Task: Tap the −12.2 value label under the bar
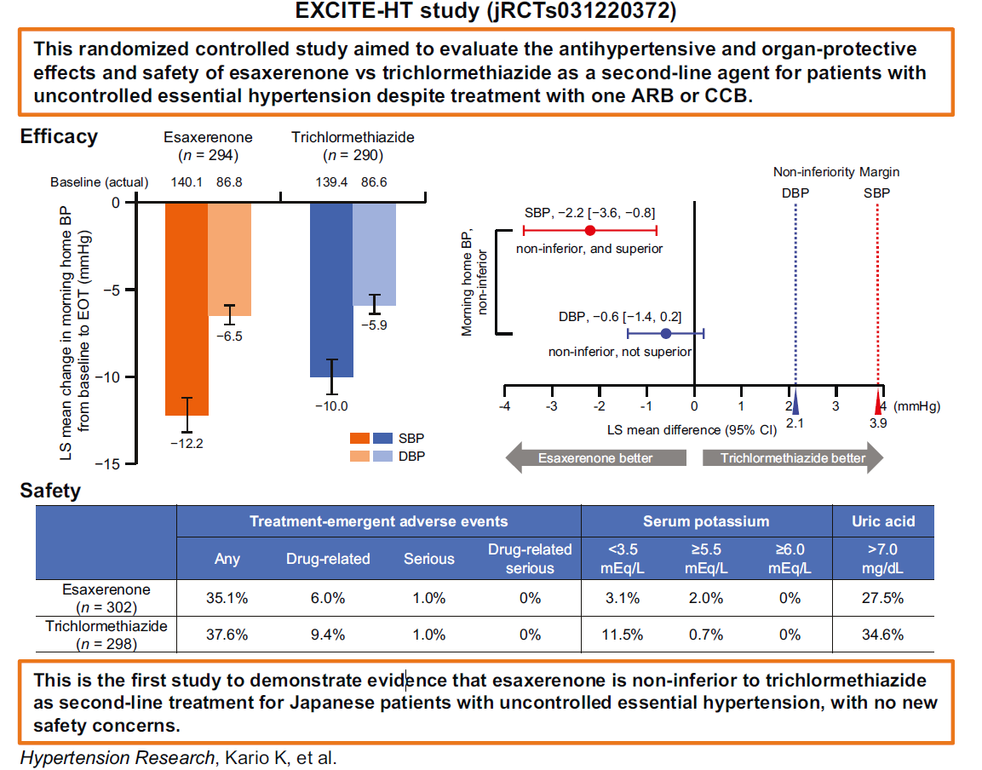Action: click(x=186, y=443)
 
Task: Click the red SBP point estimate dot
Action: click(x=589, y=230)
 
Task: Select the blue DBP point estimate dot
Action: click(x=665, y=334)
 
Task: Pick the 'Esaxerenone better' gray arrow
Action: click(x=596, y=458)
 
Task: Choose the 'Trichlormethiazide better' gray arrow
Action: click(x=792, y=458)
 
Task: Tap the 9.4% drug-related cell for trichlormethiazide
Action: click(x=328, y=635)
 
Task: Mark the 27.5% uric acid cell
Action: click(x=882, y=598)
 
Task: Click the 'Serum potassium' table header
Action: click(x=705, y=521)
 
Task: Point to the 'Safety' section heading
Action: click(x=50, y=491)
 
